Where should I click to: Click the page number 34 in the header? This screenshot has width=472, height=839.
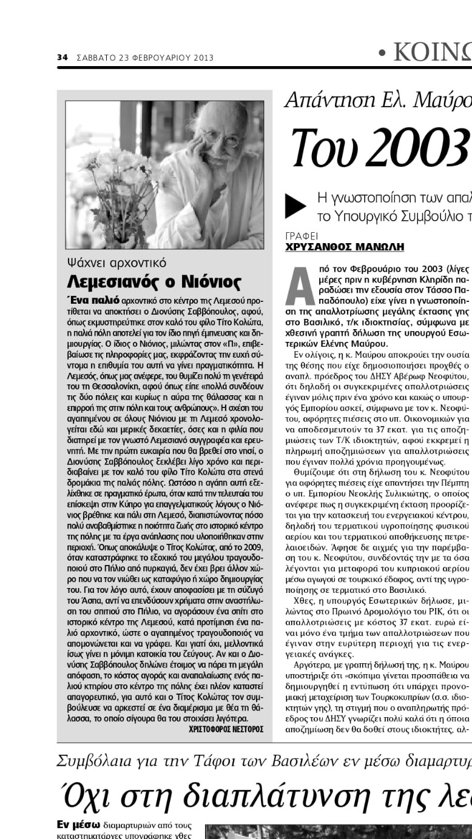61,58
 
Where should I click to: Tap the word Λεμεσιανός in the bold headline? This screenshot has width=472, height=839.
114,282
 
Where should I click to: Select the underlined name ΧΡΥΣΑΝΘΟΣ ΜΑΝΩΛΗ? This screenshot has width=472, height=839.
344,247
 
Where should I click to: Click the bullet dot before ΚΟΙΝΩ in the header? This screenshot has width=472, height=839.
382,53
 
